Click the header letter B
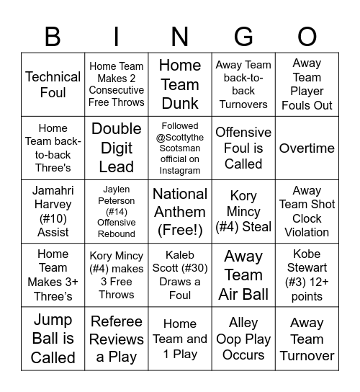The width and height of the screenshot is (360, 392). pyautogui.click(x=53, y=36)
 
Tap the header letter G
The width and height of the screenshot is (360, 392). pyautogui.click(x=243, y=36)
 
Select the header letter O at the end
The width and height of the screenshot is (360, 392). pyautogui.click(x=307, y=36)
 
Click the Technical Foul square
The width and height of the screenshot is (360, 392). pyautogui.click(x=53, y=84)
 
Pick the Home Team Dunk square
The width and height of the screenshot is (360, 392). pyautogui.click(x=180, y=84)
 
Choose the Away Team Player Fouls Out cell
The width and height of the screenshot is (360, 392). pyautogui.click(x=307, y=84)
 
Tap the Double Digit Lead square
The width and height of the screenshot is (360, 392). pyautogui.click(x=117, y=148)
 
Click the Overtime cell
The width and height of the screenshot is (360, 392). pyautogui.click(x=307, y=148)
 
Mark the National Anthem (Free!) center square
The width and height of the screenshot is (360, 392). pyautogui.click(x=180, y=211)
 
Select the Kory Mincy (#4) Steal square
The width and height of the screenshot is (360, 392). pyautogui.click(x=243, y=211)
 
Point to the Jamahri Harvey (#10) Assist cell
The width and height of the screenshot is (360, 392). pyautogui.click(x=53, y=211)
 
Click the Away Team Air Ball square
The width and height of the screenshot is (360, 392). pyautogui.click(x=243, y=275)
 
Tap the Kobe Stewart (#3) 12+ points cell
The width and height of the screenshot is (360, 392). pyautogui.click(x=307, y=275)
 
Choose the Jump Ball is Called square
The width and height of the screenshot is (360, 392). pyautogui.click(x=53, y=338)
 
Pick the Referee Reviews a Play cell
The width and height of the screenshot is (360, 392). pyautogui.click(x=117, y=338)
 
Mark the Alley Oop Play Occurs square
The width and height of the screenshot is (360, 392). pyautogui.click(x=243, y=338)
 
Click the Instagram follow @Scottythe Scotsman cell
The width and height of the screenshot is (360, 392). pyautogui.click(x=180, y=148)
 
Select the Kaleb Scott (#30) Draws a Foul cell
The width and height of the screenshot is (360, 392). pyautogui.click(x=180, y=275)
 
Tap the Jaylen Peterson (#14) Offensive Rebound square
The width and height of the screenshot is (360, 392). pyautogui.click(x=117, y=211)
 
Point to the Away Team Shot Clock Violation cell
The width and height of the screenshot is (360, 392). pyautogui.click(x=307, y=211)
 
